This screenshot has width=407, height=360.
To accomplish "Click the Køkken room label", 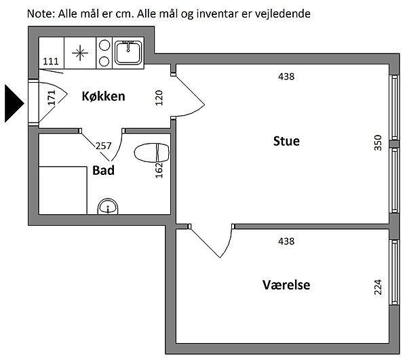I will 103,96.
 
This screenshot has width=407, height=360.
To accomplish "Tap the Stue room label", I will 286,141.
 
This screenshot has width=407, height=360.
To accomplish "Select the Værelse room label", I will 286,285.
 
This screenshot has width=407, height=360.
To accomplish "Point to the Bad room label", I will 103,170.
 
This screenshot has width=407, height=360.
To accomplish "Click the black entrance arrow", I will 14,103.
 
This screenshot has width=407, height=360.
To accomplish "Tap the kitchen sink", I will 127,52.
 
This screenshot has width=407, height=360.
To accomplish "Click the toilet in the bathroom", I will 151,153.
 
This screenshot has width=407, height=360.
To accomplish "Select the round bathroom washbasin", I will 106,206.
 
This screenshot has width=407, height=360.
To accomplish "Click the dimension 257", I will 103,146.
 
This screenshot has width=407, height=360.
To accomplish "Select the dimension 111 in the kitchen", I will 50,62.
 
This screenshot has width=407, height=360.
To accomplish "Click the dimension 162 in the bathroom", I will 159,169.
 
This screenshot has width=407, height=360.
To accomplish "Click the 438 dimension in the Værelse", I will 286,241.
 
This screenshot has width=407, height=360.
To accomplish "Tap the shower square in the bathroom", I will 62,189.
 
